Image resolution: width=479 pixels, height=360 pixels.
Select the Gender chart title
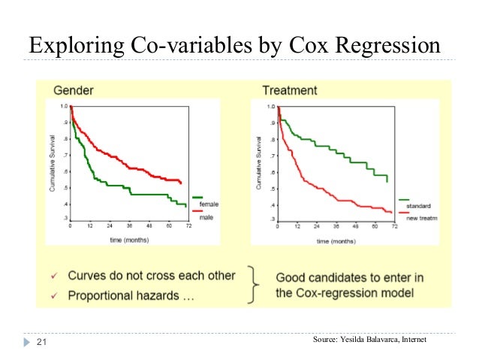(73, 90)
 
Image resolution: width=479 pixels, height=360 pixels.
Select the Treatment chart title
(290, 90)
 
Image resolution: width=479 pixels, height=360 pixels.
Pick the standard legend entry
(418, 206)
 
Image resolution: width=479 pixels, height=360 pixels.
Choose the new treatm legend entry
(421, 218)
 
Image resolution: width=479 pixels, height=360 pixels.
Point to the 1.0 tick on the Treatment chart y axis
(270, 107)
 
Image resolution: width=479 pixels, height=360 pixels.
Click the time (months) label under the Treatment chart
(336, 241)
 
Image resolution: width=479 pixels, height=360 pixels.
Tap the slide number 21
(41, 342)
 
